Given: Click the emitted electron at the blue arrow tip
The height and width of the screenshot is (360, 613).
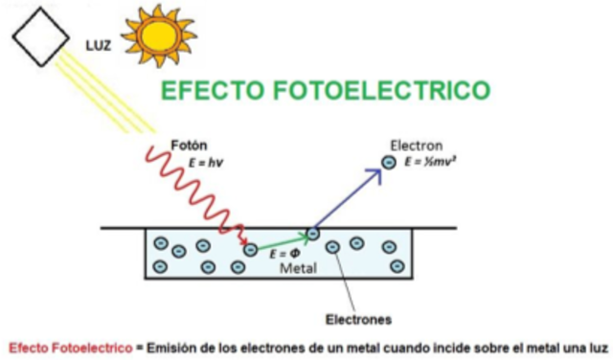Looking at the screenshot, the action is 389,163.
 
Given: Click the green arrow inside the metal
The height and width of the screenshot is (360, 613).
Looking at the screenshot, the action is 283,241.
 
